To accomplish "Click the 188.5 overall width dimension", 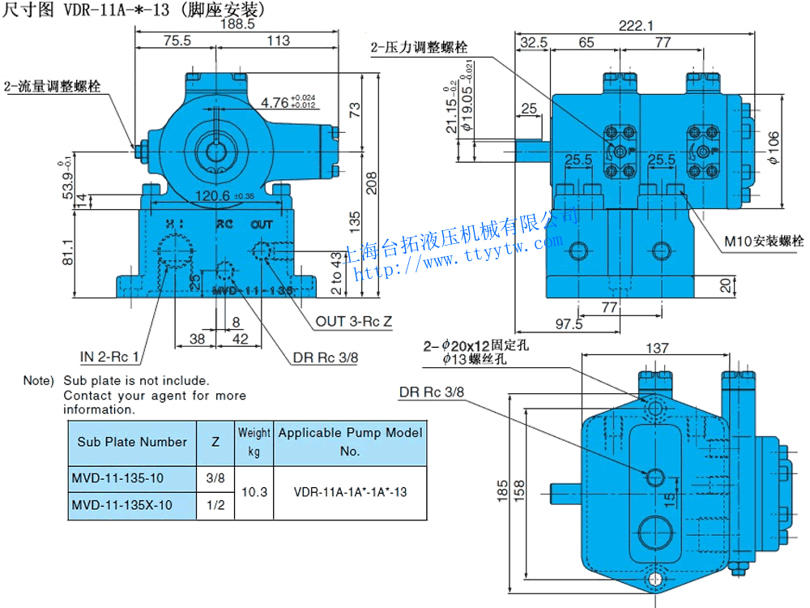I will pyautogui.click(x=238, y=24).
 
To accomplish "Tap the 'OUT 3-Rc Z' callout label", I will pyautogui.click(x=354, y=322).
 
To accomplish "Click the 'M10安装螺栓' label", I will pyautogui.click(x=764, y=241).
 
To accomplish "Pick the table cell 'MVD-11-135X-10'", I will pyautogui.click(x=122, y=505).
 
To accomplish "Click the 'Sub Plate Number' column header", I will pyautogui.click(x=132, y=442).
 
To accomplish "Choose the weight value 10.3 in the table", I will pyautogui.click(x=254, y=492).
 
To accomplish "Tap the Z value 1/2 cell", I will pyautogui.click(x=215, y=505).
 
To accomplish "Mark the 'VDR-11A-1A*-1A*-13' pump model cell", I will pyautogui.click(x=350, y=492).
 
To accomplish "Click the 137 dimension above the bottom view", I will pyautogui.click(x=658, y=349).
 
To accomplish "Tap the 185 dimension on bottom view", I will pyautogui.click(x=503, y=490).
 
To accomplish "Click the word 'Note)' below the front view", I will pyautogui.click(x=38, y=380).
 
